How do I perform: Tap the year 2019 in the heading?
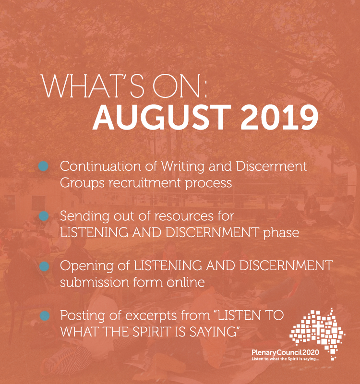coord(279,117)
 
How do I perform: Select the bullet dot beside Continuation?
coord(43,166)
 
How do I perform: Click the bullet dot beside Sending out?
coord(44,216)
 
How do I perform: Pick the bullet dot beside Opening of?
coord(44,266)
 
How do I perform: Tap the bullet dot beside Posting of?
coord(45,316)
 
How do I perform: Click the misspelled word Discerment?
coord(271,166)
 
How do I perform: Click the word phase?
coord(281,232)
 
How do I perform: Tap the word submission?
coord(94,282)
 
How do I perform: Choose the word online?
coord(186,282)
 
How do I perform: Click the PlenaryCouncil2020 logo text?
coord(285,352)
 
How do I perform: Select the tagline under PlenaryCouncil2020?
coord(285,359)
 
